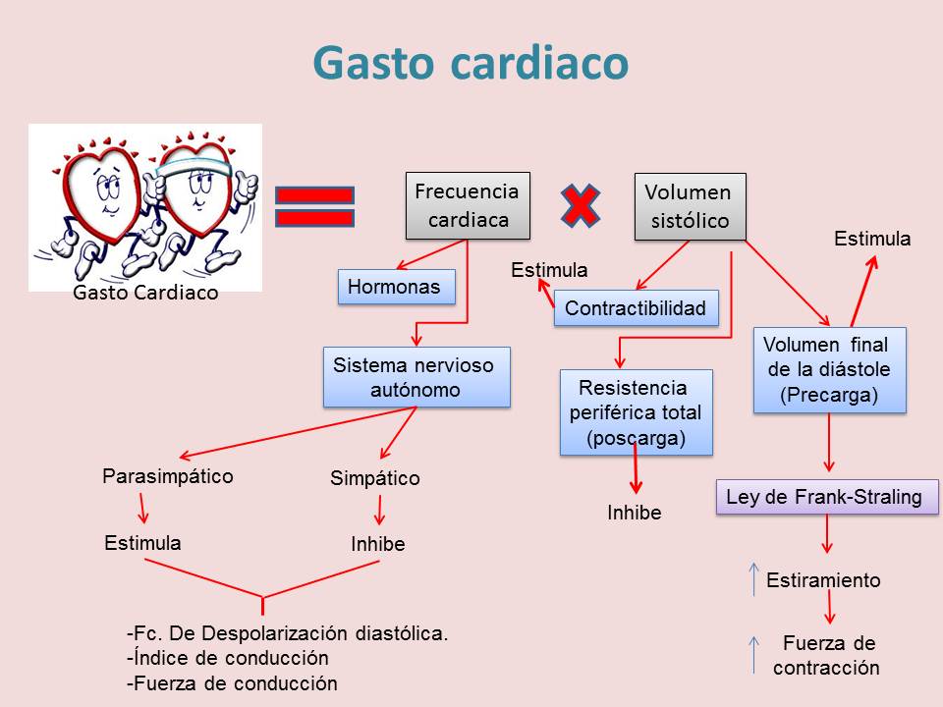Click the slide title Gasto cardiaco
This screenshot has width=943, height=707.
pyautogui.click(x=471, y=64)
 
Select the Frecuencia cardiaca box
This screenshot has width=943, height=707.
pyautogui.click(x=468, y=205)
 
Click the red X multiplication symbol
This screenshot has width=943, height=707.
pyautogui.click(x=581, y=204)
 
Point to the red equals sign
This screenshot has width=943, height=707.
pyautogui.click(x=314, y=206)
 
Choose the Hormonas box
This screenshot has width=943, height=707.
pyautogui.click(x=396, y=287)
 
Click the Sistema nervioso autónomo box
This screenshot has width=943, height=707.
pyautogui.click(x=416, y=377)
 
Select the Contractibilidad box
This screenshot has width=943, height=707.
pyautogui.click(x=636, y=308)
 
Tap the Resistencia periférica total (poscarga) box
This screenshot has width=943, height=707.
pyautogui.click(x=636, y=412)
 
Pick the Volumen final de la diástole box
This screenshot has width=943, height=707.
pyautogui.click(x=828, y=369)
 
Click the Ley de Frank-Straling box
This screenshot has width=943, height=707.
pyautogui.click(x=825, y=497)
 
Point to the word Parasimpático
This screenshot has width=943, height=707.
pyautogui.click(x=168, y=476)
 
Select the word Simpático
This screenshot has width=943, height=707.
pyautogui.click(x=375, y=479)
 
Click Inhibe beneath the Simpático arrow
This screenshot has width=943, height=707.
pyautogui.click(x=378, y=544)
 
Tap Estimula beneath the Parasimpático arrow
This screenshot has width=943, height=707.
pyautogui.click(x=142, y=543)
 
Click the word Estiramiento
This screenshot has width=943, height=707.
pyautogui.click(x=823, y=580)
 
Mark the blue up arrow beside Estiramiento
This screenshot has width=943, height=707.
pyautogui.click(x=753, y=579)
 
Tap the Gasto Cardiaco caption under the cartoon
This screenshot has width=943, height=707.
pyautogui.click(x=146, y=293)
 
